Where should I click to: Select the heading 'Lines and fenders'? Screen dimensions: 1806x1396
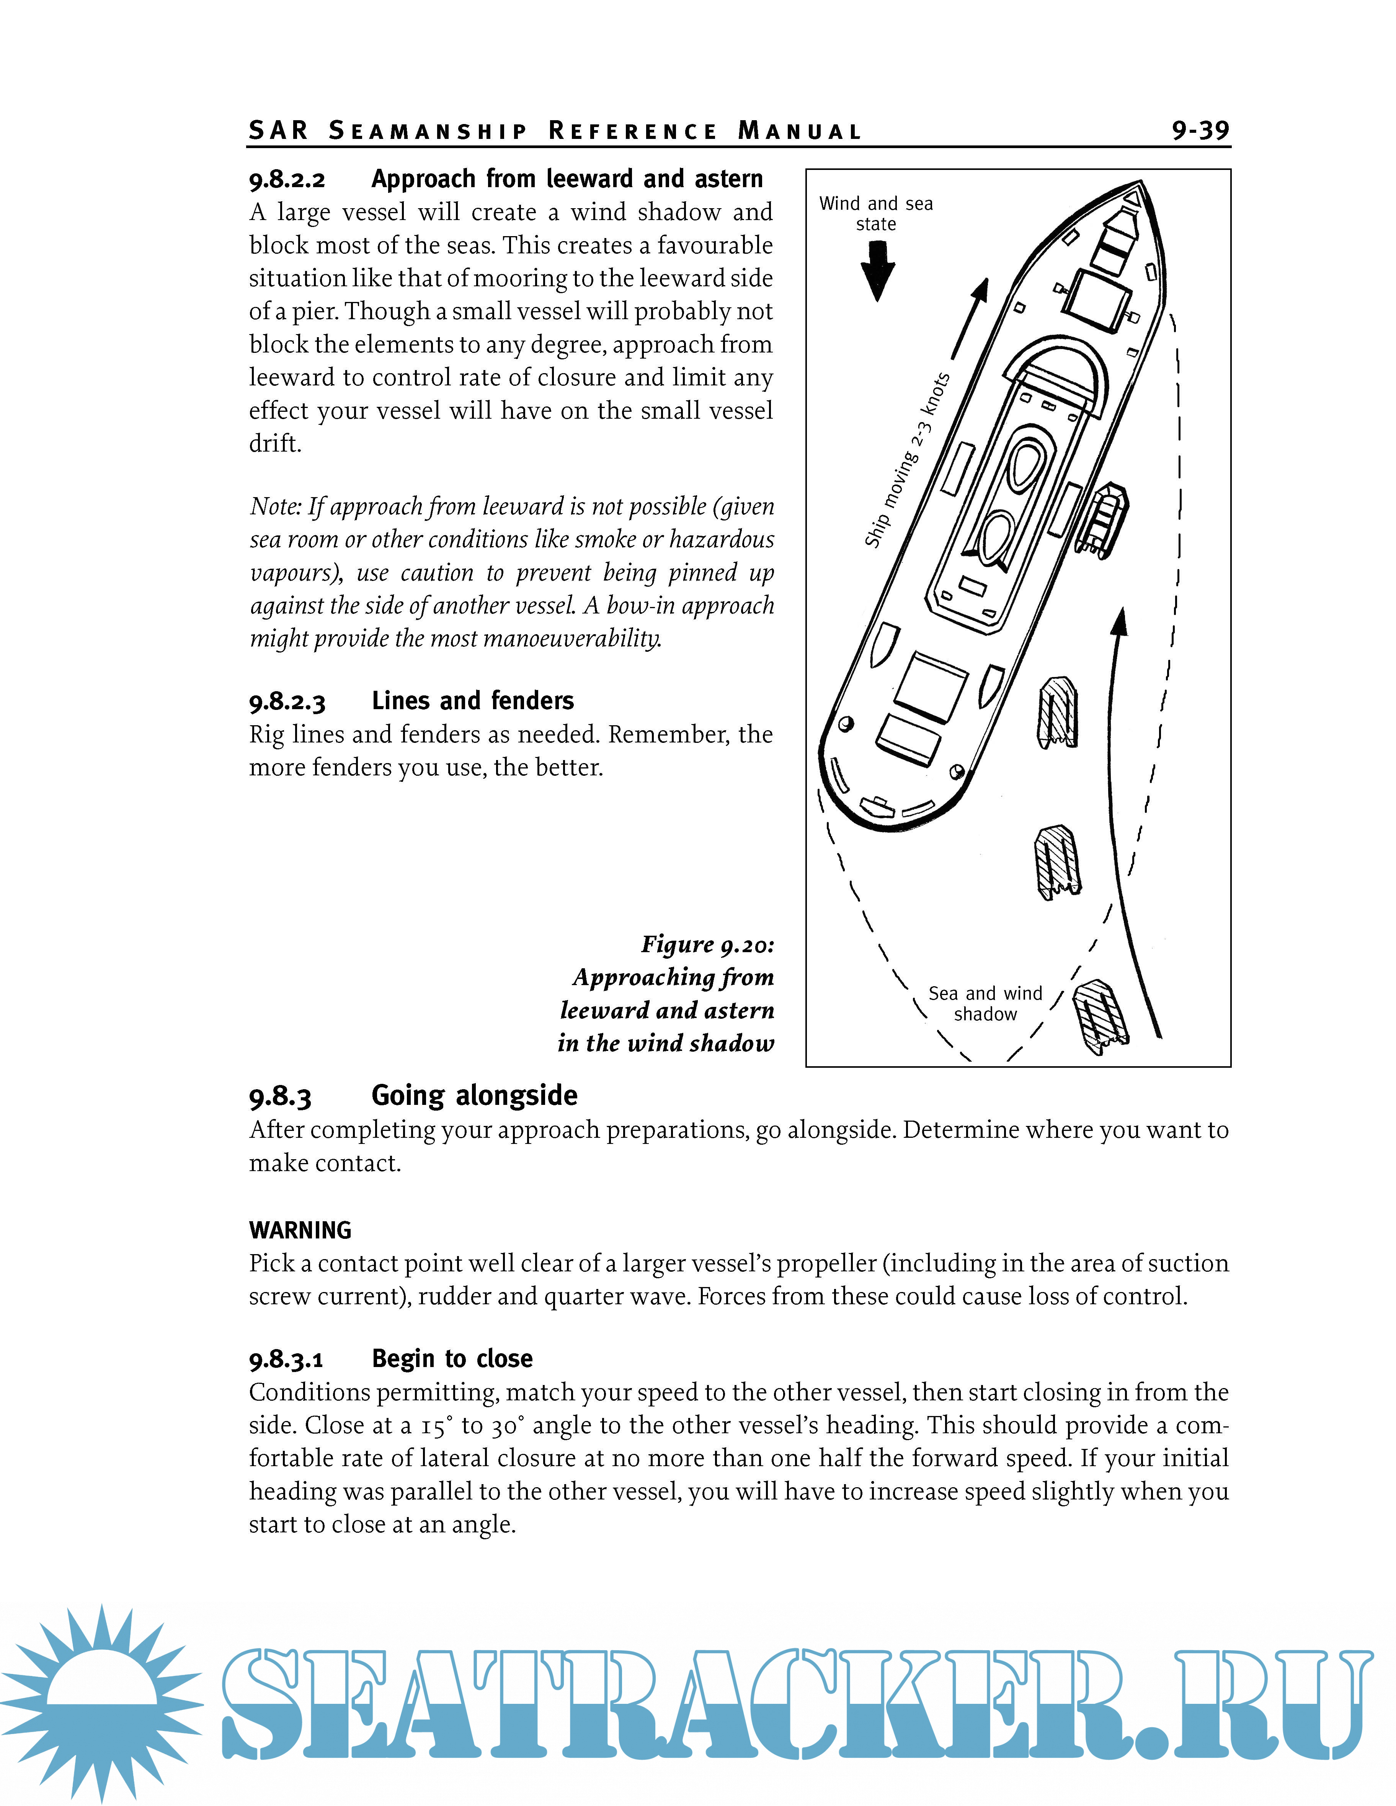coord(472,701)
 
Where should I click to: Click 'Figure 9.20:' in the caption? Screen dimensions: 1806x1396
coord(707,945)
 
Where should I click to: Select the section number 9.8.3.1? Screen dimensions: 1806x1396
coord(286,1359)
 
